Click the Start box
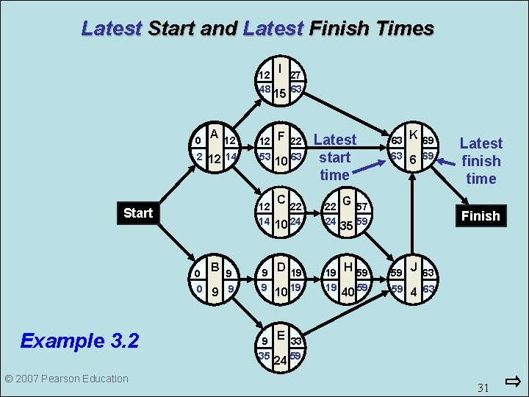(138, 213)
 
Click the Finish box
(481, 215)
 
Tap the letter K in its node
(414, 135)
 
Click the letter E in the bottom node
(280, 335)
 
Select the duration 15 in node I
(279, 93)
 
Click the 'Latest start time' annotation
(334, 157)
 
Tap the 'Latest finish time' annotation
(481, 161)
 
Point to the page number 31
(483, 387)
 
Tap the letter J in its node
(414, 267)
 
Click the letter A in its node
(214, 134)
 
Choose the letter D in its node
(280, 268)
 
